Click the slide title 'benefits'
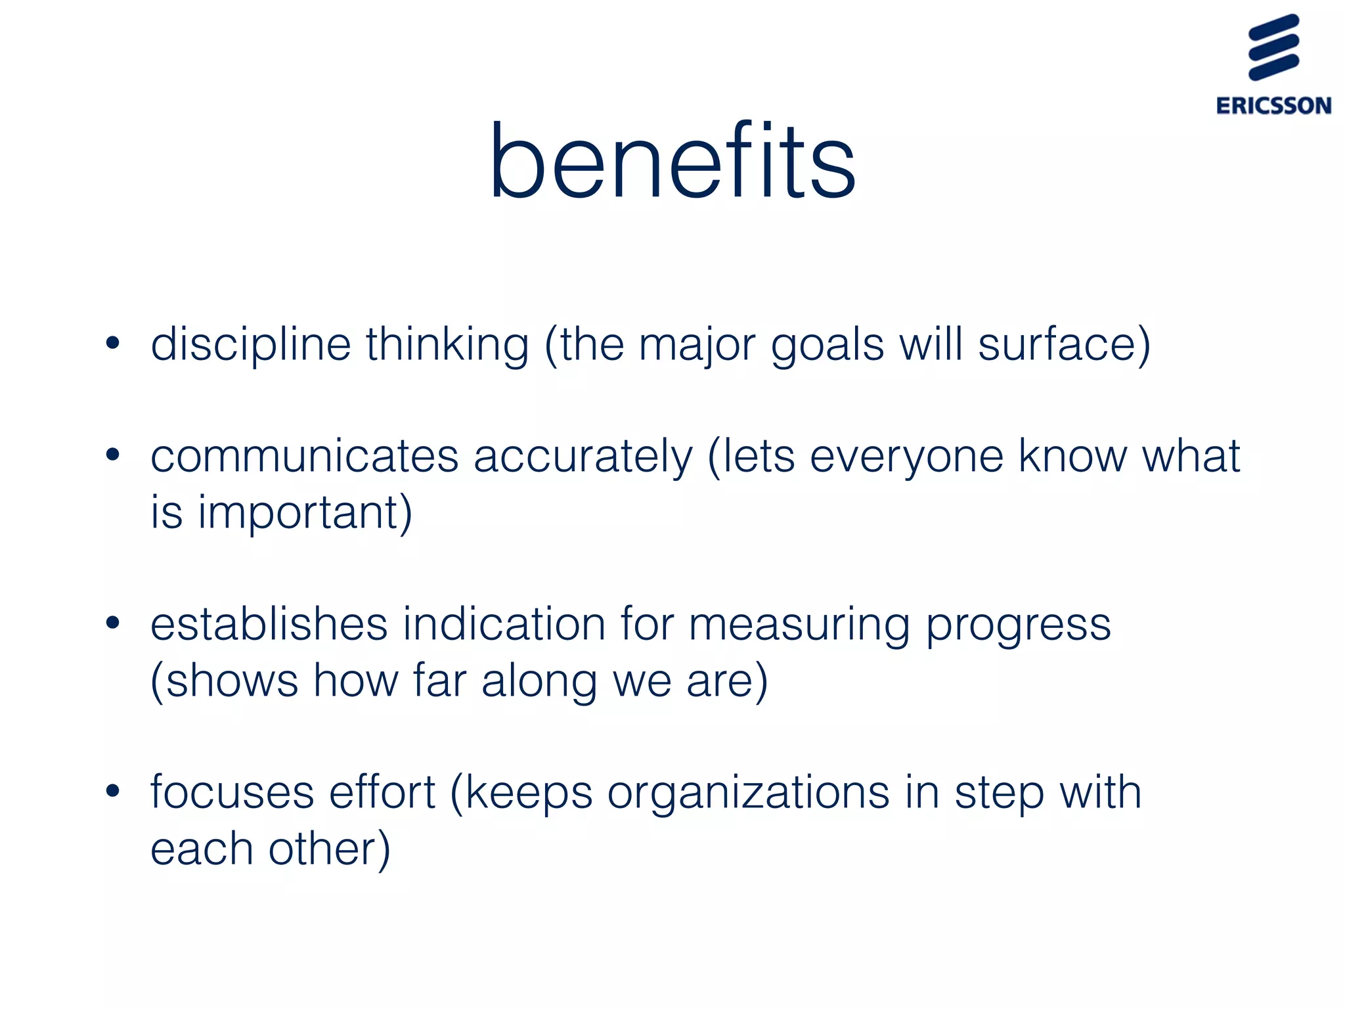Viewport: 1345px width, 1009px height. pyautogui.click(x=672, y=162)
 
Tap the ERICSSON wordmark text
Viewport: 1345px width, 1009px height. pyautogui.click(x=1273, y=106)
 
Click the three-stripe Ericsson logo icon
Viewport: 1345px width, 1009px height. pyautogui.click(x=1273, y=47)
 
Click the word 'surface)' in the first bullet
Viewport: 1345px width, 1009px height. pyautogui.click(x=1064, y=344)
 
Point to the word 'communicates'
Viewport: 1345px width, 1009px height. pyautogui.click(x=304, y=457)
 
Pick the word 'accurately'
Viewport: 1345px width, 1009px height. pyautogui.click(x=583, y=457)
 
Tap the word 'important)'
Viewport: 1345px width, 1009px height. pyautogui.click(x=305, y=512)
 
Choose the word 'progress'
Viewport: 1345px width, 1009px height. pyautogui.click(x=1019, y=625)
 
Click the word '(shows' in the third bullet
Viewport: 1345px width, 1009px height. pyautogui.click(x=224, y=681)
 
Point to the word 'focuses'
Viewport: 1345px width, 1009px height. pyautogui.click(x=232, y=792)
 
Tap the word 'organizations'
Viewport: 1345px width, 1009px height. pyautogui.click(x=748, y=794)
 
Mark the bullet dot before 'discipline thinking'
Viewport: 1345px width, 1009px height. pyautogui.click(x=113, y=343)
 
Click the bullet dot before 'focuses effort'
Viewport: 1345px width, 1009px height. pyautogui.click(x=113, y=791)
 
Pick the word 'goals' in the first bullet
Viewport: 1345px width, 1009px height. pyautogui.click(x=827, y=346)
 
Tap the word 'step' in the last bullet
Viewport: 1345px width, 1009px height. pyautogui.click(x=999, y=794)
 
